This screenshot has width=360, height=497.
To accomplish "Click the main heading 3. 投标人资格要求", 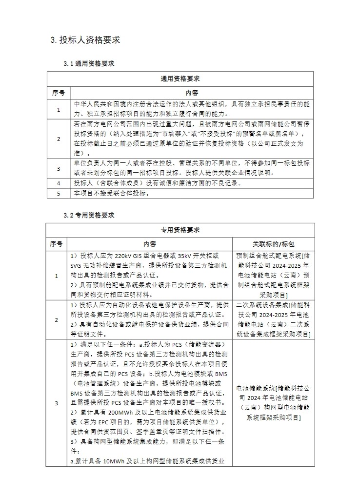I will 85,40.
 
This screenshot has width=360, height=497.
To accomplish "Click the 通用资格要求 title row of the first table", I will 180,79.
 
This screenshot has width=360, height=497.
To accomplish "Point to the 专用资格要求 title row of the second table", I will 180,230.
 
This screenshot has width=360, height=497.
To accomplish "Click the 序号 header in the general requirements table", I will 59,92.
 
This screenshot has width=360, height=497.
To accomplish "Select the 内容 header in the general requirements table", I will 192,92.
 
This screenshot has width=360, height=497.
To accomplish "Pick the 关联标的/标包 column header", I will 274,243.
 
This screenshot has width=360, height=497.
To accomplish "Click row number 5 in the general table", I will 59,193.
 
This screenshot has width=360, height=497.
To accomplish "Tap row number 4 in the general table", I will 59,183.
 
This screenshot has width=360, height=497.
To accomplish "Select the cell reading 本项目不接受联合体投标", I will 111,193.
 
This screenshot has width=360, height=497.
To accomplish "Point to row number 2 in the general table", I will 59,139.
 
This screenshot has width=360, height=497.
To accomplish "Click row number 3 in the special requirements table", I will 56,403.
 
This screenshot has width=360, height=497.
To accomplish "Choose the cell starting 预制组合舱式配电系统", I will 274,276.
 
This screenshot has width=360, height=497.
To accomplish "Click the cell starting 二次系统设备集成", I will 274,319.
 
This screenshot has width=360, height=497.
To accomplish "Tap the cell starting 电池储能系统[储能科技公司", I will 274,403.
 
